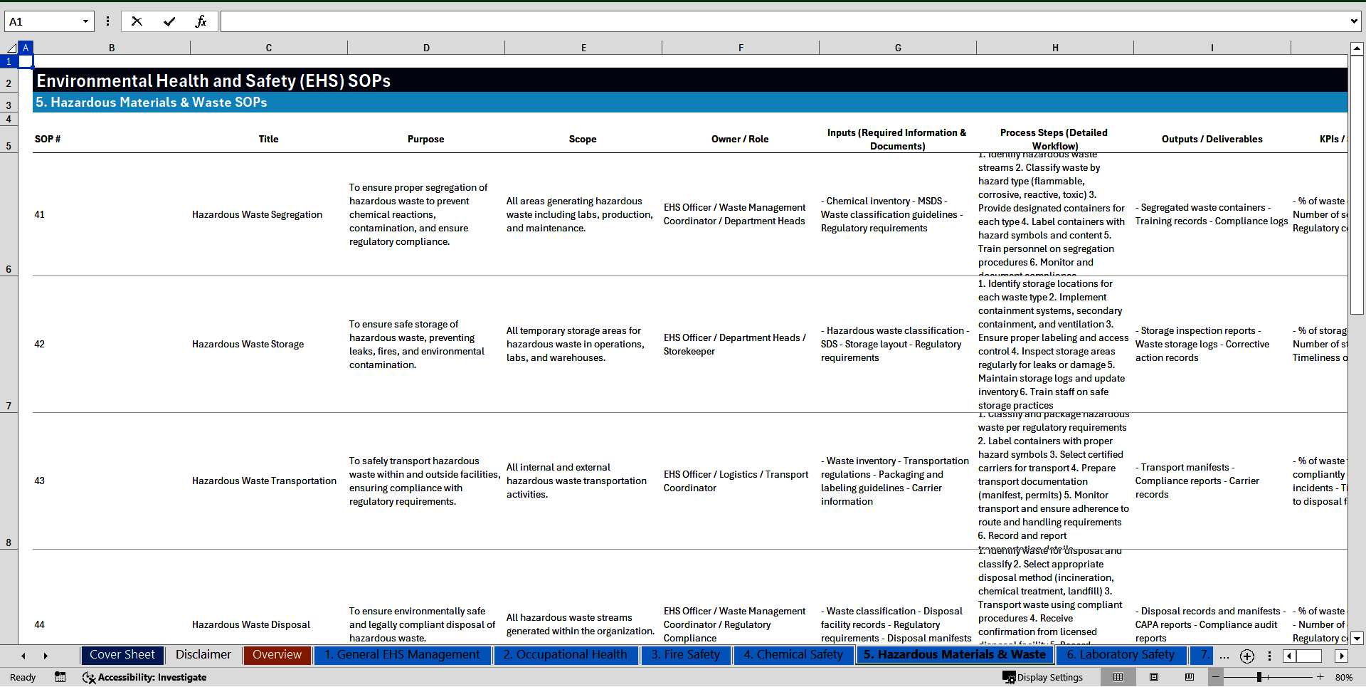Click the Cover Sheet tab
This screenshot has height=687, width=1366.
122,655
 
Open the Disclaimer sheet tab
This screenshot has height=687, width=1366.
203,655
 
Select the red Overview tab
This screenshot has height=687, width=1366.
277,655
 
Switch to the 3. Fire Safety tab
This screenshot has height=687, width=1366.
685,655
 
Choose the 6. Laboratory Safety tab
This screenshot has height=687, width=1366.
1120,655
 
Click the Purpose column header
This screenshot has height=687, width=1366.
425,140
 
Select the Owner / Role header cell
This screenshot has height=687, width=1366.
739,140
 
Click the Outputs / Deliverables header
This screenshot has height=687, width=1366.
1212,140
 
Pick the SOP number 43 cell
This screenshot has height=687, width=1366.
40,481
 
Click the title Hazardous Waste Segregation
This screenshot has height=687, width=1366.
257,215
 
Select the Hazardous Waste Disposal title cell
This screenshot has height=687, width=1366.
250,625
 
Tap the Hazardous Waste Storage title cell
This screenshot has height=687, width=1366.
248,345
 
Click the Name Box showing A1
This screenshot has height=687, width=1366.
43,21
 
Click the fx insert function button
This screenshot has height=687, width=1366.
201,21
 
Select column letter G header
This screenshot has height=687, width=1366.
898,48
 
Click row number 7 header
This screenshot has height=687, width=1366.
9,406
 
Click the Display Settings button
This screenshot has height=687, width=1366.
1043,678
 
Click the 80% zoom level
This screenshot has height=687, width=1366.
1343,678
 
